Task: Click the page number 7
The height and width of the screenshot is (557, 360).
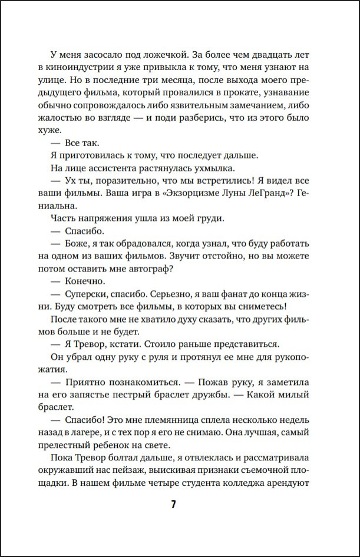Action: [173, 505]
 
